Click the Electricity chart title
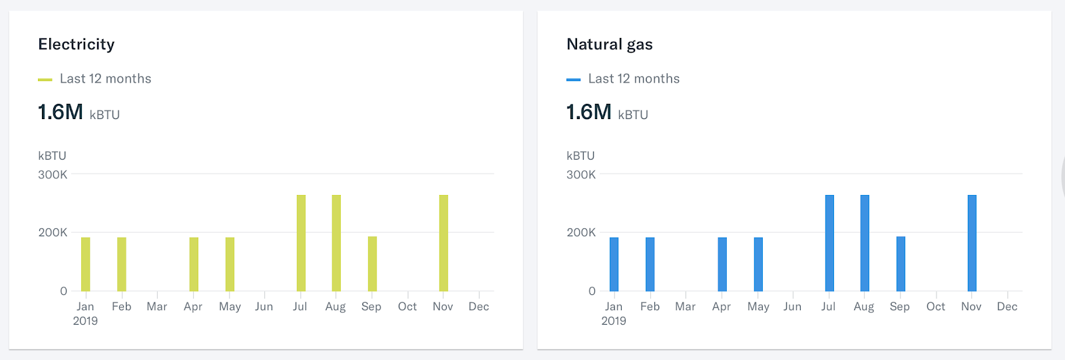(x=77, y=45)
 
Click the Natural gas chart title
(x=609, y=45)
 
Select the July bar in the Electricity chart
(x=301, y=243)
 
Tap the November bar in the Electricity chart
(x=443, y=243)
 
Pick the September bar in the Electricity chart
(x=372, y=264)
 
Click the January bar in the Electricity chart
(x=85, y=264)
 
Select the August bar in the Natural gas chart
(x=865, y=243)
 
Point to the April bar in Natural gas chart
(x=722, y=264)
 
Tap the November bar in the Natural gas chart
(x=972, y=243)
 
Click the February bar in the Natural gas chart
(x=650, y=264)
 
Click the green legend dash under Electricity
(x=45, y=80)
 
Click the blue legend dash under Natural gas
(x=573, y=80)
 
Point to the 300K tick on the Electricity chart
(x=53, y=175)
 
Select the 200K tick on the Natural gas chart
(x=581, y=233)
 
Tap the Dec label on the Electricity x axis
(x=479, y=307)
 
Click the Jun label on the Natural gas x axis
(x=792, y=307)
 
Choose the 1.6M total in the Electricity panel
(x=61, y=112)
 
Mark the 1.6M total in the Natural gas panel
(x=589, y=112)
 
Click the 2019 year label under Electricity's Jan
(x=85, y=321)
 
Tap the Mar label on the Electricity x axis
(x=157, y=307)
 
